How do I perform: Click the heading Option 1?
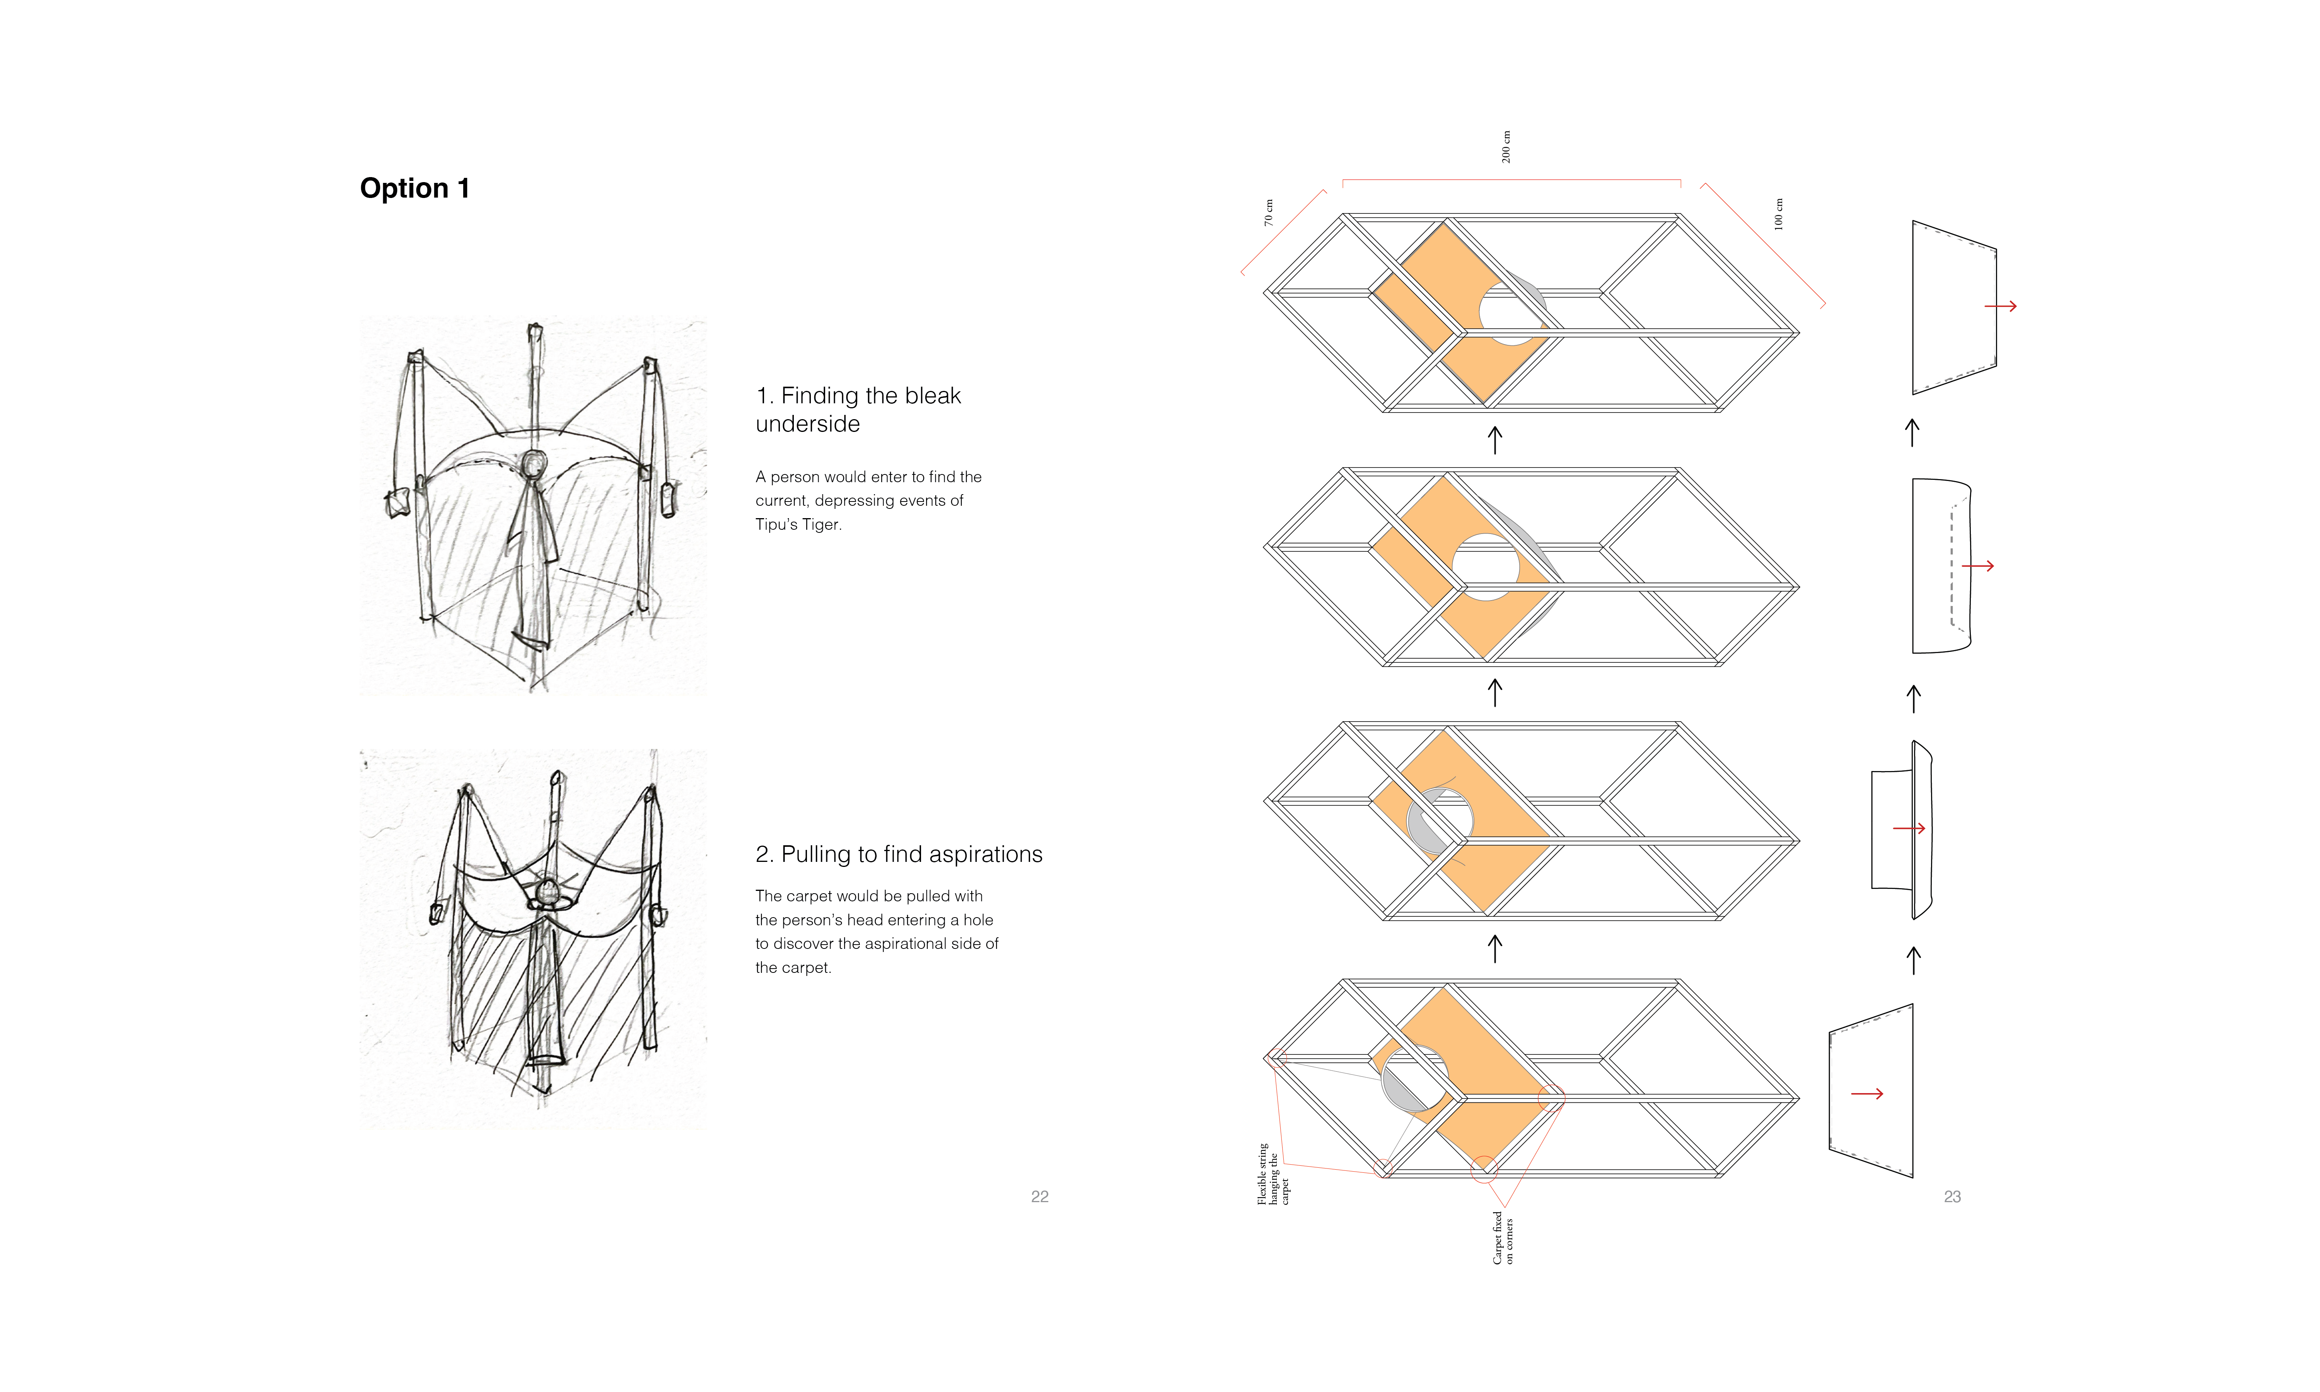pyautogui.click(x=415, y=189)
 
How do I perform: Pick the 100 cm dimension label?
pyautogui.click(x=1778, y=214)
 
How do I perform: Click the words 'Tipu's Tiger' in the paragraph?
pyautogui.click(x=798, y=524)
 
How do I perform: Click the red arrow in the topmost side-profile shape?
pyautogui.click(x=2000, y=306)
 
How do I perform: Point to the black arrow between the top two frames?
pyautogui.click(x=1495, y=440)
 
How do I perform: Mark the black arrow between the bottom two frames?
pyautogui.click(x=1495, y=948)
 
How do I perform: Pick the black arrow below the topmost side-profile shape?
pyautogui.click(x=1912, y=432)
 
